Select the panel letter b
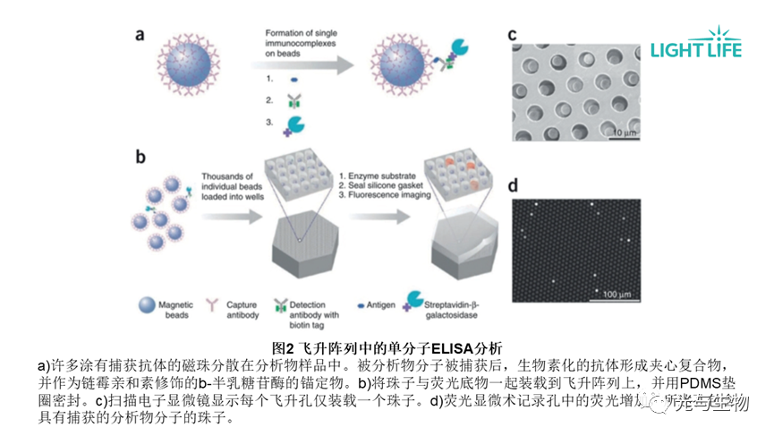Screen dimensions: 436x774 (140, 158)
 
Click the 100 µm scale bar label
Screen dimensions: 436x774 (618, 294)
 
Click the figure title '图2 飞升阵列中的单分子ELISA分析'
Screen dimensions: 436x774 (387, 347)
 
